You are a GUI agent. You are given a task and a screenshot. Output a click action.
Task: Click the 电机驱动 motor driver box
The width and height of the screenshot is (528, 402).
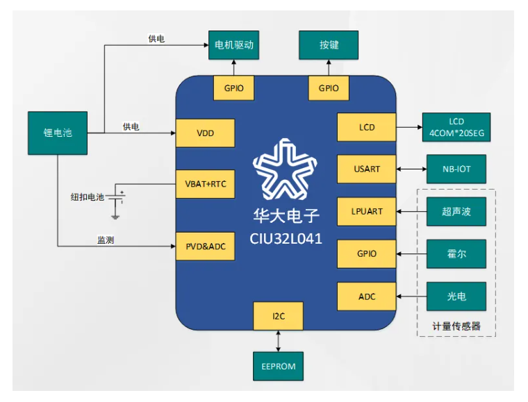[233, 46]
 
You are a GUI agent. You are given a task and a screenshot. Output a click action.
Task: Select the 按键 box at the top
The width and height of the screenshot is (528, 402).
[329, 46]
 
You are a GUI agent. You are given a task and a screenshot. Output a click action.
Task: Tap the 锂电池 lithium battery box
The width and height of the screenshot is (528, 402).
[58, 133]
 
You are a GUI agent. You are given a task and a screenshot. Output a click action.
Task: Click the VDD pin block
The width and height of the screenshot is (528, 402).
[205, 133]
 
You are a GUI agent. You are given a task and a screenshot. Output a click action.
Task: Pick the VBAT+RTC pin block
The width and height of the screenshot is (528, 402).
[205, 184]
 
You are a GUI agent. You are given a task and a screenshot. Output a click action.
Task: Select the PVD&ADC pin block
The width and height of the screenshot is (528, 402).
[205, 246]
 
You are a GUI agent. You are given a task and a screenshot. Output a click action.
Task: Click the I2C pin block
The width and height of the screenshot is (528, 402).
[279, 316]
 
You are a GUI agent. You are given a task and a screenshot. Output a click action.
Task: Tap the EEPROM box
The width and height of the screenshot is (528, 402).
[278, 365]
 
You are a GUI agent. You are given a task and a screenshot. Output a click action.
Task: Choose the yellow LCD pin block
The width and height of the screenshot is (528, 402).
[367, 127]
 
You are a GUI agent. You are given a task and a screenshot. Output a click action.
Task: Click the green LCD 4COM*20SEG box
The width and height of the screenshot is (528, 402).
[456, 127]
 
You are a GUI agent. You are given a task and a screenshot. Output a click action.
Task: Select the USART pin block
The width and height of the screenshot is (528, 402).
[367, 169]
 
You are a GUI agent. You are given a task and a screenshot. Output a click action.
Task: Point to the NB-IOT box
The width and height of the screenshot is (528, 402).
[456, 169]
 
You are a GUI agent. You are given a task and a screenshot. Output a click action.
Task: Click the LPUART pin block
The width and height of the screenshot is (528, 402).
[367, 211]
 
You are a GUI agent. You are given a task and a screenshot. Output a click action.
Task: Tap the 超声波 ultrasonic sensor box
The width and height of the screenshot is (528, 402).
[456, 211]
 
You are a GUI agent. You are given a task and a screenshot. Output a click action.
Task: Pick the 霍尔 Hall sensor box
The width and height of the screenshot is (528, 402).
[456, 253]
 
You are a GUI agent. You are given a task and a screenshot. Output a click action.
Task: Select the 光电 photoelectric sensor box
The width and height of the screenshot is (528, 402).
[456, 296]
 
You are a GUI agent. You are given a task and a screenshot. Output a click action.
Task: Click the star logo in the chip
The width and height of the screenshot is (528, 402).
[286, 170]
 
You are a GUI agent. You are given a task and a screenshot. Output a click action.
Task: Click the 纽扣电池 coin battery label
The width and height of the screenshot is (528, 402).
[87, 196]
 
